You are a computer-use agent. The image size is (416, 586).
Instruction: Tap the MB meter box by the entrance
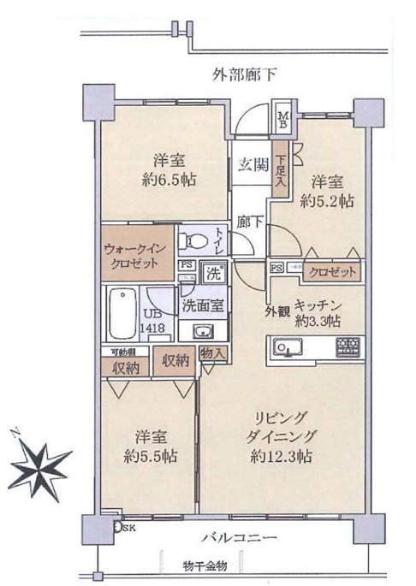coord(282,116)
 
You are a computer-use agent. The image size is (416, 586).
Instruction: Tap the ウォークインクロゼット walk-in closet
coord(137,254)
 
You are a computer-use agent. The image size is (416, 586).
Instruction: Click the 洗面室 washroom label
coord(202,305)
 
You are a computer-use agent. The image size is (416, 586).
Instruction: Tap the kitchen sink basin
coord(285,346)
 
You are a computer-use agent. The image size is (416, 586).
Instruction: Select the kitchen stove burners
coord(350,346)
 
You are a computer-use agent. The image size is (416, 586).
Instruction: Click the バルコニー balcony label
coord(237,539)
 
